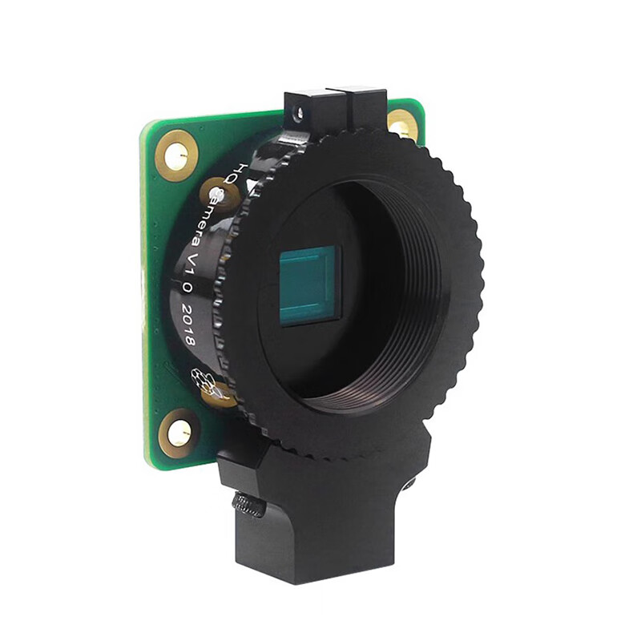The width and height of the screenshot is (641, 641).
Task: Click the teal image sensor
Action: (x=309, y=286)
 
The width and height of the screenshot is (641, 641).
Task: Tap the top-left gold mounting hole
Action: (x=175, y=155)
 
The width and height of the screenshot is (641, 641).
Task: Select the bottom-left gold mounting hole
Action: (x=178, y=433)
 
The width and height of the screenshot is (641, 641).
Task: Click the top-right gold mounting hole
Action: (x=402, y=124)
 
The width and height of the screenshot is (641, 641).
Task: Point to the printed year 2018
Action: (x=187, y=325)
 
